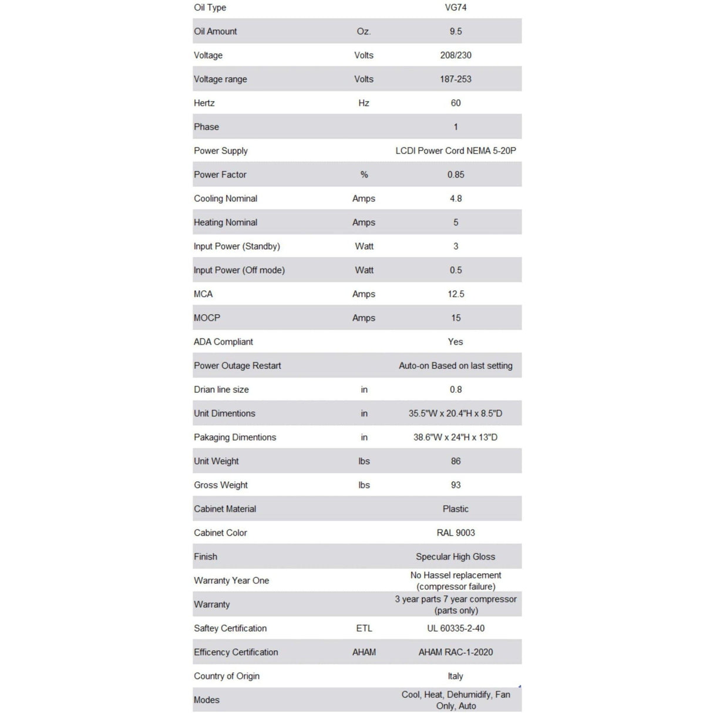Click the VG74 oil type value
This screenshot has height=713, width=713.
click(x=455, y=8)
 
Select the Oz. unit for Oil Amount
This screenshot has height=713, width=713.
click(x=364, y=31)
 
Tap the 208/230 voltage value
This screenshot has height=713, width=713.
click(x=455, y=55)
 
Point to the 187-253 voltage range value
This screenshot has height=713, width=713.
click(x=455, y=79)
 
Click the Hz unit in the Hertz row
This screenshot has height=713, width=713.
click(x=364, y=103)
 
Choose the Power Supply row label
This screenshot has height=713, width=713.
click(x=221, y=150)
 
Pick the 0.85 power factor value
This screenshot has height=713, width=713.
click(x=455, y=174)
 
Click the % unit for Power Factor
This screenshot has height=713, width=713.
click(x=364, y=174)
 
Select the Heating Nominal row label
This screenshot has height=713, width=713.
click(x=226, y=222)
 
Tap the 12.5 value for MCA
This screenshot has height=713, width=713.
click(x=455, y=294)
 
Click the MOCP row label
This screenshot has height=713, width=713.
click(x=207, y=318)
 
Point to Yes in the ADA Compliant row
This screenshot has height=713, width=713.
click(x=455, y=342)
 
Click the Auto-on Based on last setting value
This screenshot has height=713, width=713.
click(x=455, y=365)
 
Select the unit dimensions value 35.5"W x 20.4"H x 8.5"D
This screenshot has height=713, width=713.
click(x=455, y=413)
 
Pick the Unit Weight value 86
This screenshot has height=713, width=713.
click(x=455, y=461)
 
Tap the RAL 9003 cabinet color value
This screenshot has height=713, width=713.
click(x=455, y=533)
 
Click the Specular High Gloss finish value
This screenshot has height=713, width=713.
click(x=455, y=557)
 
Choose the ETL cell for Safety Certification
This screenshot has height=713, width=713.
click(x=364, y=628)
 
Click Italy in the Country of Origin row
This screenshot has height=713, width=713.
click(x=455, y=676)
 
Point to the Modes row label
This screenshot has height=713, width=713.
click(x=207, y=700)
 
